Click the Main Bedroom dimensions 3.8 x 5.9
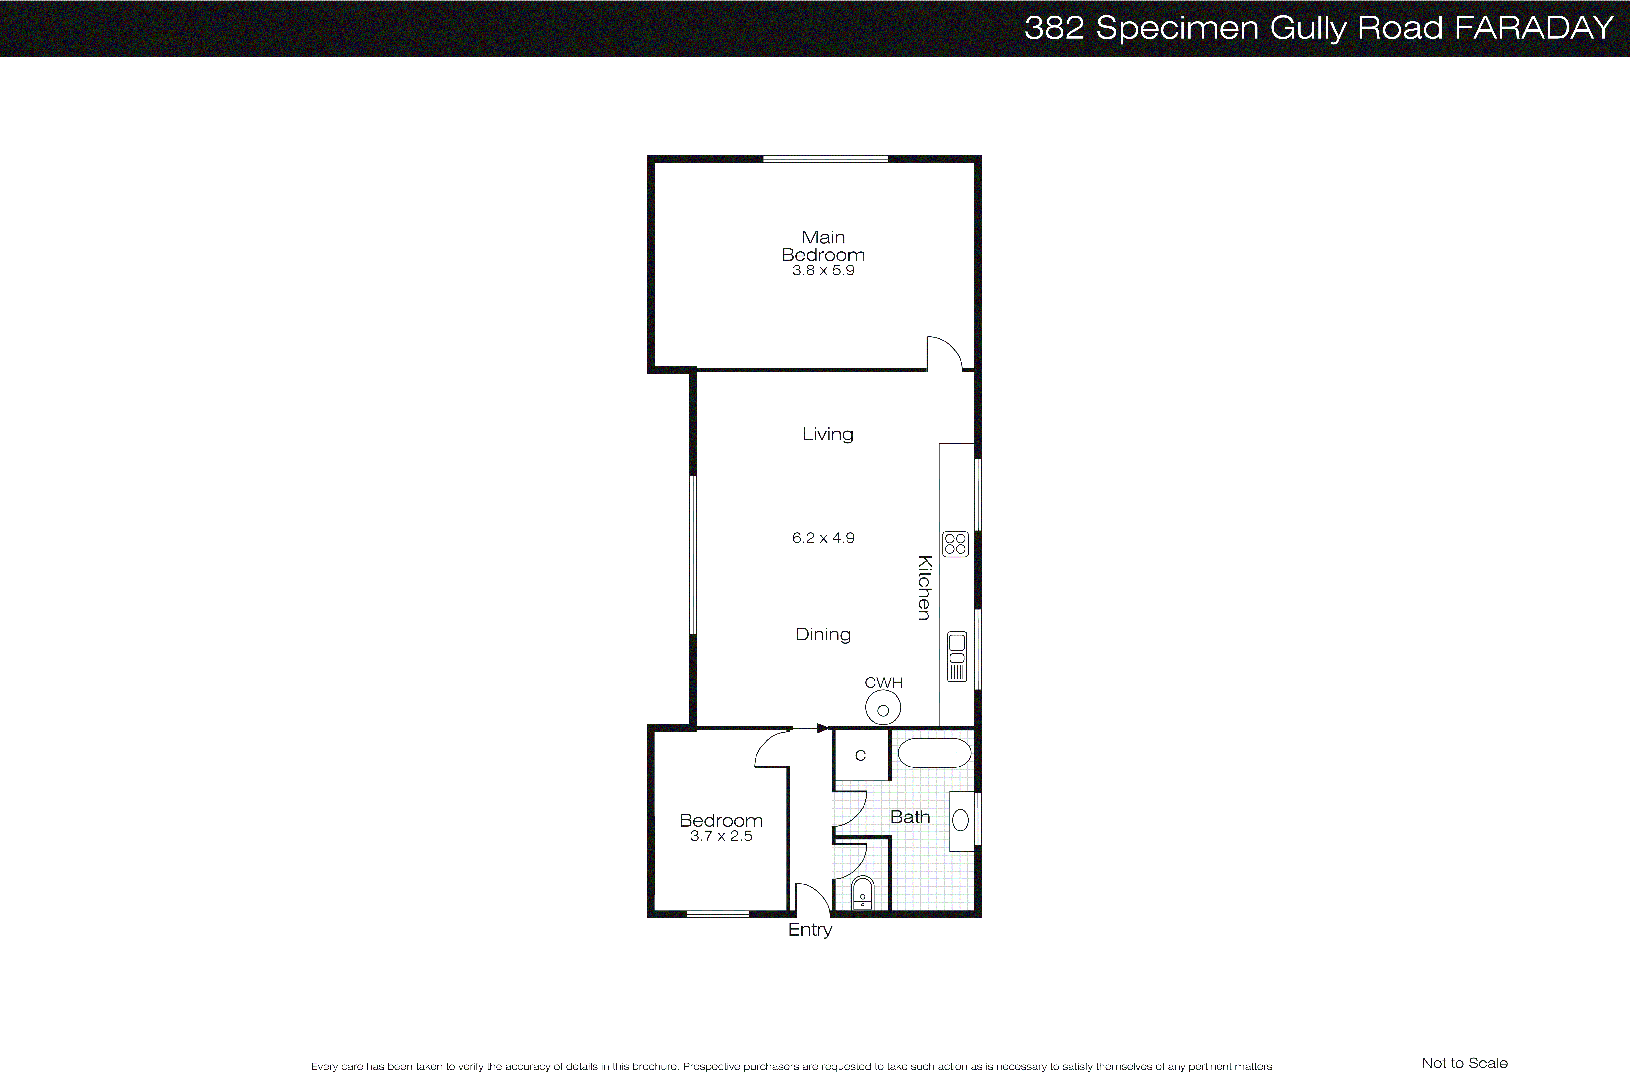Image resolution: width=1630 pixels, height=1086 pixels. [823, 271]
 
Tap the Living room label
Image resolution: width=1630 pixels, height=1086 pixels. [827, 434]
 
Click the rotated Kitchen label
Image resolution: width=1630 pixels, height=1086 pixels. [924, 587]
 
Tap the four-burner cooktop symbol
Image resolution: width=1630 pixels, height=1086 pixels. [955, 544]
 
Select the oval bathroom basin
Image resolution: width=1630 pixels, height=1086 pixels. [960, 820]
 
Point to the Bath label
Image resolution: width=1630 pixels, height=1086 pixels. [909, 817]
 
